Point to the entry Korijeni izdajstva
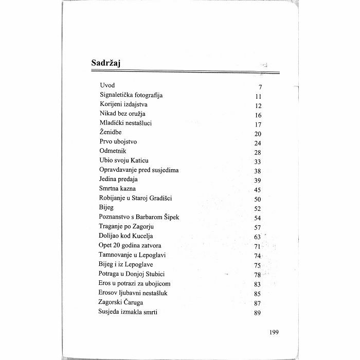(x=123, y=104)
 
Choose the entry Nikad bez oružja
(x=123, y=114)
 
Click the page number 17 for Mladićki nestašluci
(x=258, y=124)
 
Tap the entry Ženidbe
(x=111, y=133)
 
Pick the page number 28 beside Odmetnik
(x=258, y=153)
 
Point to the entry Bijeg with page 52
(x=106, y=208)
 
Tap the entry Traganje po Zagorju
(x=127, y=226)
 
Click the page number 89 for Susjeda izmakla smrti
(x=258, y=313)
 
